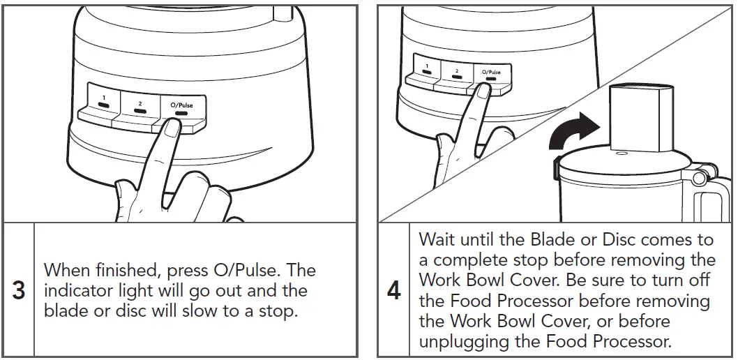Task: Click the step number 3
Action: click(x=19, y=290)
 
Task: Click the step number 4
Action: click(x=394, y=290)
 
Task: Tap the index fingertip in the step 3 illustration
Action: click(x=170, y=128)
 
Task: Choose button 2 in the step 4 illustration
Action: click(x=456, y=72)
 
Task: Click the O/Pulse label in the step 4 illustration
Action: click(x=491, y=72)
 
